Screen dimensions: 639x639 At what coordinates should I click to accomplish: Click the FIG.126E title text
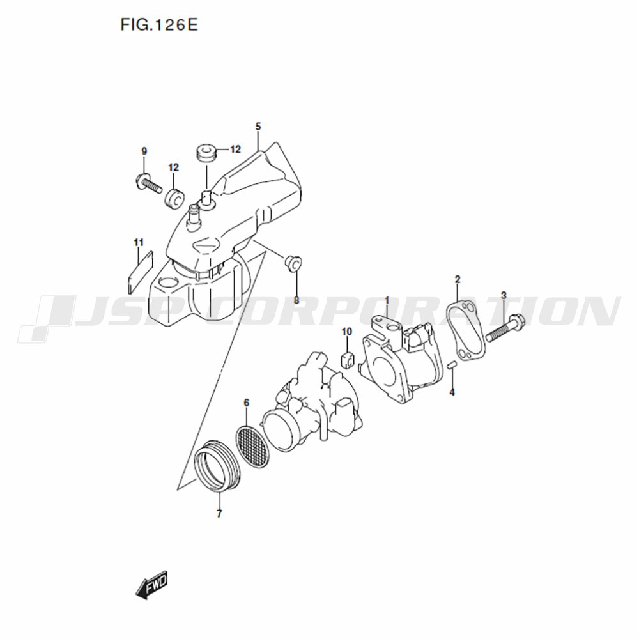pyautogui.click(x=159, y=25)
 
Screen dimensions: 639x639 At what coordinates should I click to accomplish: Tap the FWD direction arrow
pyautogui.click(x=151, y=585)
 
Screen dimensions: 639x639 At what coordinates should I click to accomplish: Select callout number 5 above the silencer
pyautogui.click(x=258, y=127)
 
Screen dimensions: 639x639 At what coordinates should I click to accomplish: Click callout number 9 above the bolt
pyautogui.click(x=144, y=151)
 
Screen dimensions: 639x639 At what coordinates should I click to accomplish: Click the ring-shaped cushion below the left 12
pyautogui.click(x=175, y=199)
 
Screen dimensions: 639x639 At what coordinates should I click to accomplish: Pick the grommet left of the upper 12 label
pyautogui.click(x=206, y=152)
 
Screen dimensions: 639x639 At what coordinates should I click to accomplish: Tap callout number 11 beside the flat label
pyautogui.click(x=139, y=242)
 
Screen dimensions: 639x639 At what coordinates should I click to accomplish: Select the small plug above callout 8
pyautogui.click(x=293, y=263)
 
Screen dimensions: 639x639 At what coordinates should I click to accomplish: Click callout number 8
pyautogui.click(x=296, y=300)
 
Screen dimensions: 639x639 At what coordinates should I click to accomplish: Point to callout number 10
pyautogui.click(x=347, y=332)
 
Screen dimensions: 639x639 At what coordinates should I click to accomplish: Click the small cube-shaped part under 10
pyautogui.click(x=347, y=359)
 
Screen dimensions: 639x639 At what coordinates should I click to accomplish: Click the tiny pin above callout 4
pyautogui.click(x=450, y=365)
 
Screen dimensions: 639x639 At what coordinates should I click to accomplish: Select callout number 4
pyautogui.click(x=452, y=392)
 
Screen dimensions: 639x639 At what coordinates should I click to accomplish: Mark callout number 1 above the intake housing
pyautogui.click(x=387, y=301)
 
